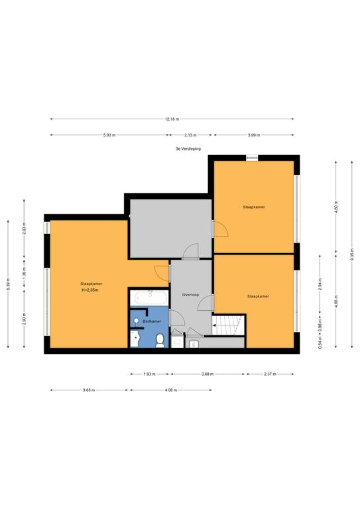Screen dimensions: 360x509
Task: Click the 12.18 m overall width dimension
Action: (172, 119)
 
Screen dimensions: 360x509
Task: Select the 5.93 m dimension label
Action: (109, 135)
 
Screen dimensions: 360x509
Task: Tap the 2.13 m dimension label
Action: (191, 135)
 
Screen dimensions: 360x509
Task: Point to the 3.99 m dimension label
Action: (254, 135)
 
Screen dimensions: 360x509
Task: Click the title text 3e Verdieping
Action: (188, 148)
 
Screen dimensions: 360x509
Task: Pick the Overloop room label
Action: (190, 295)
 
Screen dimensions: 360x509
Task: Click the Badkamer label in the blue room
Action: (152, 321)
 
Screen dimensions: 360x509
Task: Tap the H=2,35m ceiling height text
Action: (90, 290)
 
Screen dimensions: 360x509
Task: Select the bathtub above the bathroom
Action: (150, 297)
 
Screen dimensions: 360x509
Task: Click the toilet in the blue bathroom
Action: (160, 341)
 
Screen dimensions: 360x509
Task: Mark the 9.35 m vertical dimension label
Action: (352, 254)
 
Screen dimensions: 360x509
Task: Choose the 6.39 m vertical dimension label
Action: (8, 284)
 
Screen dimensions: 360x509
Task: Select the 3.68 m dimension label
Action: (208, 374)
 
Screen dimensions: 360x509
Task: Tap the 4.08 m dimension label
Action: (171, 390)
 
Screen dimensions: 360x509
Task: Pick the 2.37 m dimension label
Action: (270, 374)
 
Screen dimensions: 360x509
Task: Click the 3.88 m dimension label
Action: (89, 390)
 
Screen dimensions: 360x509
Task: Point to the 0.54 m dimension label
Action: (320, 343)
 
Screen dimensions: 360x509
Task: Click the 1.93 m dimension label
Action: (149, 374)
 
